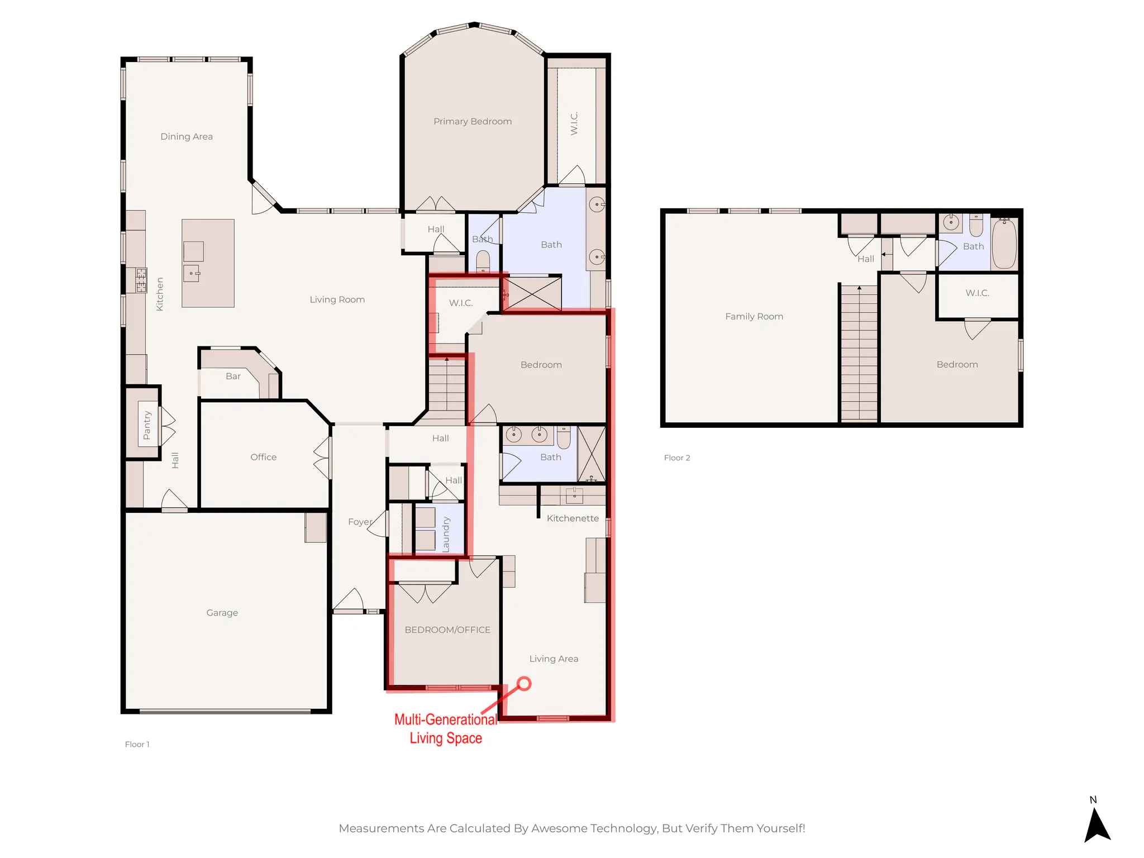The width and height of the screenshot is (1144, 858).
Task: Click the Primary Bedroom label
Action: coord(473,121)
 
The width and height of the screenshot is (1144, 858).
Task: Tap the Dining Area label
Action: coord(187,136)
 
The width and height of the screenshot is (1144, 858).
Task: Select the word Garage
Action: coord(222,613)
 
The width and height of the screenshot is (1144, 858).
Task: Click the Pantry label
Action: coord(147,425)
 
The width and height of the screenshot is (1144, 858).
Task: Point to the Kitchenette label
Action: coord(573,518)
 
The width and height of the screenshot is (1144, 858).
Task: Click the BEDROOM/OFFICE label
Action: coord(447,630)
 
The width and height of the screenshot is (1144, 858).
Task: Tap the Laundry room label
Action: coord(446,535)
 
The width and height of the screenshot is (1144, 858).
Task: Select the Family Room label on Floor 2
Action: coord(754,316)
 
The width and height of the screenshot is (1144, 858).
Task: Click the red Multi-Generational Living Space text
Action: coord(446,728)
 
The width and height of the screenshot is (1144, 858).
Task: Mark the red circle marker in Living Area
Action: coord(524,684)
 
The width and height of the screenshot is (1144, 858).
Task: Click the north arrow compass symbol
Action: coord(1097,824)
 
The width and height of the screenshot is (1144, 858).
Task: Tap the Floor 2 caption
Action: coord(677,457)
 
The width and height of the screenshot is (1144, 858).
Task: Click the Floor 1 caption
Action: coord(137,744)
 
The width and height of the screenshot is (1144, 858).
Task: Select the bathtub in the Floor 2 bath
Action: coord(1004,244)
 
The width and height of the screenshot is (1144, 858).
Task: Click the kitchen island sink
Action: coord(192,273)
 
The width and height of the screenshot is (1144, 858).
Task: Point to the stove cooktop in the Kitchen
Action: coord(141,280)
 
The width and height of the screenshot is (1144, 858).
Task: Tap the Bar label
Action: coord(233,376)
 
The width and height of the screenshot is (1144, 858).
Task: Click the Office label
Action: coord(263,457)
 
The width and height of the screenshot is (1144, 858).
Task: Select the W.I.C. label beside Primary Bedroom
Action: coord(574,123)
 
